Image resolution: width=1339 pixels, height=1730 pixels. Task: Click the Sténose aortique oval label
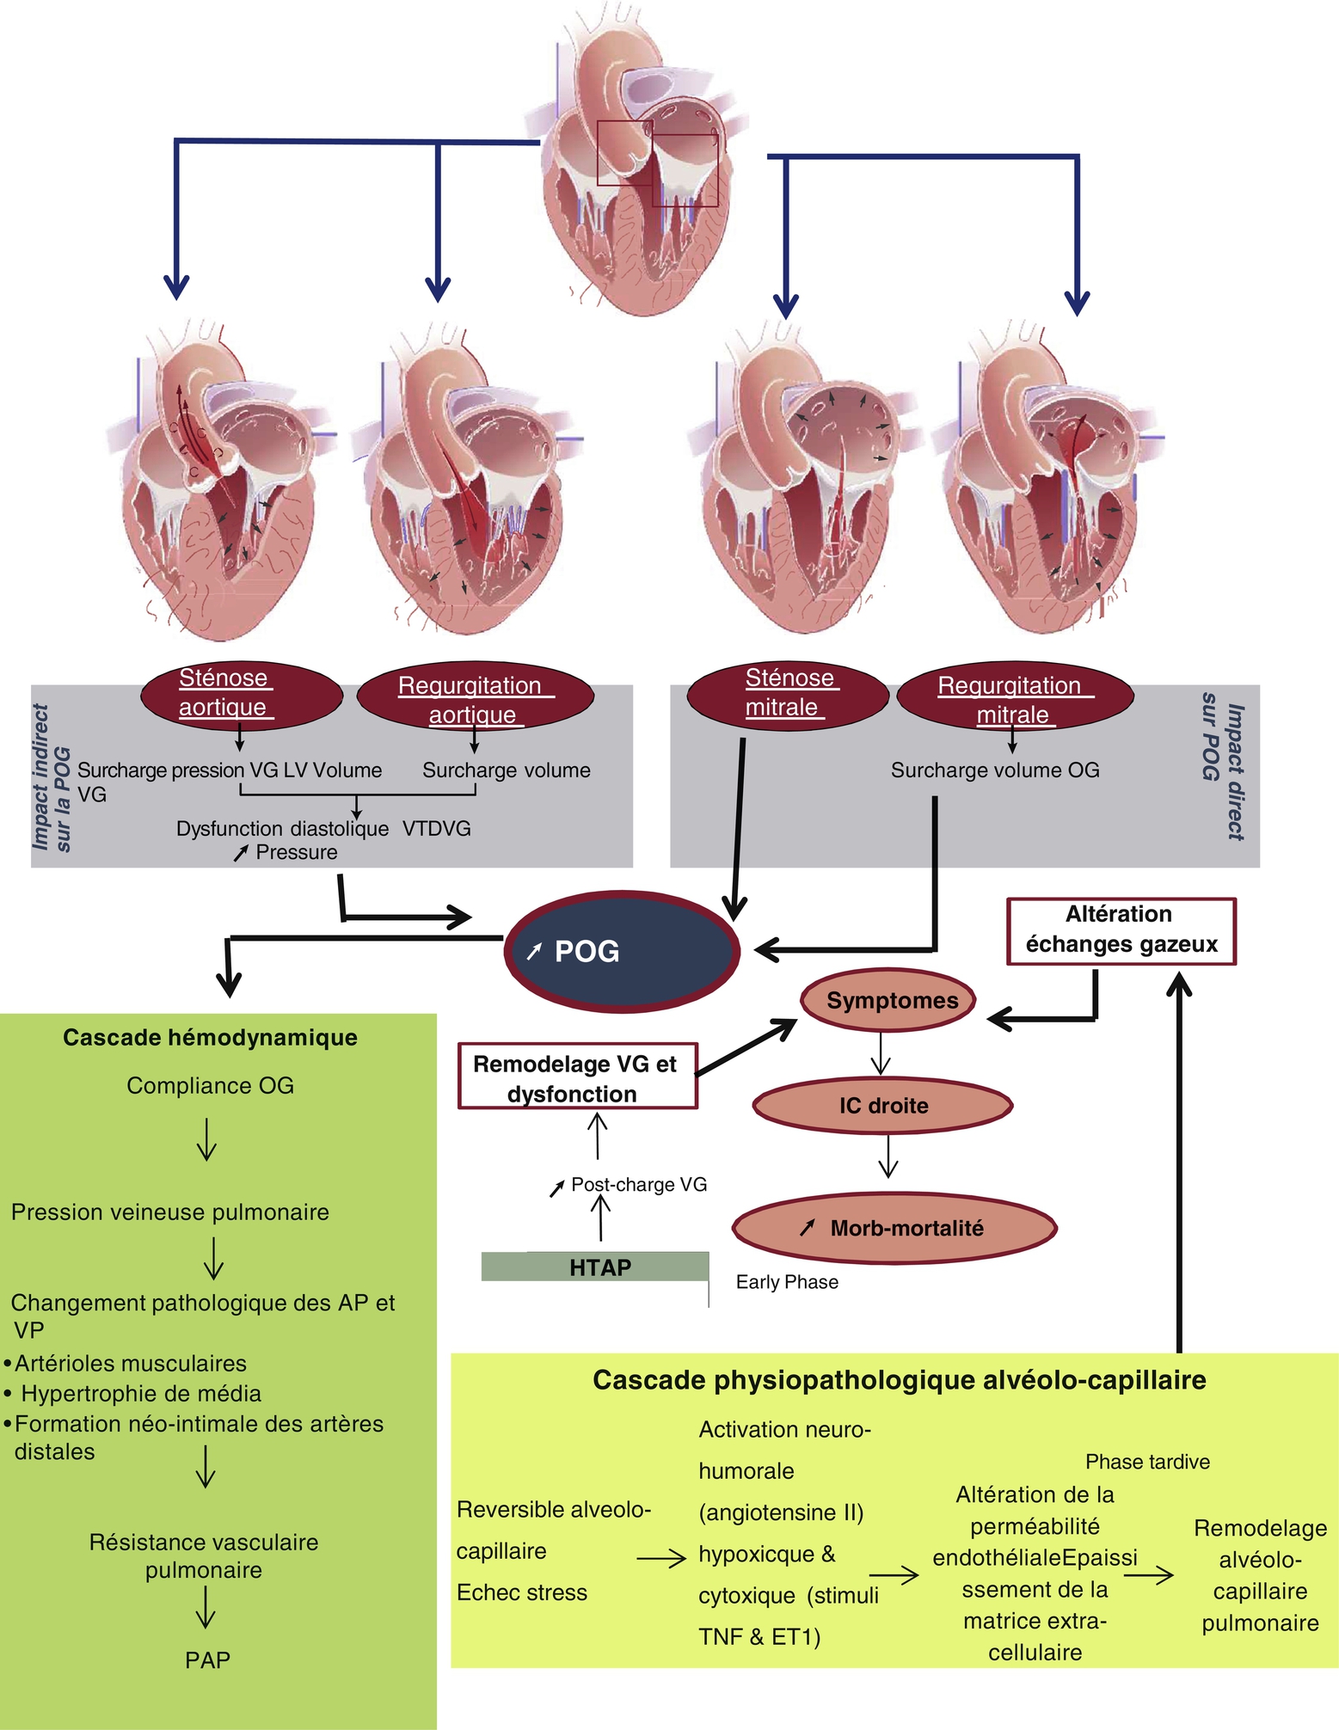pos(241,695)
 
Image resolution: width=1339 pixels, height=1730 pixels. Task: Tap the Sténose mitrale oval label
pos(787,695)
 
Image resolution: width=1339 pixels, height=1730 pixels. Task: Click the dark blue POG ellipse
pos(621,951)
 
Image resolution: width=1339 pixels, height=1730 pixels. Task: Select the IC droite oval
pos(882,1106)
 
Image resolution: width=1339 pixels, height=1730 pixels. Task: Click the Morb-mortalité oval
pos(894,1228)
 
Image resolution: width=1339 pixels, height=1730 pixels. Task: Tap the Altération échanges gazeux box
pos(1121,930)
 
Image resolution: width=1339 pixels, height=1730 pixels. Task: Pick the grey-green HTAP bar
pos(595,1267)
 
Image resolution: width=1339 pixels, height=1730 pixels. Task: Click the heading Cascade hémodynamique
pos(210,1038)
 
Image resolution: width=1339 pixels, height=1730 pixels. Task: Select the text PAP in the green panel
pos(207,1660)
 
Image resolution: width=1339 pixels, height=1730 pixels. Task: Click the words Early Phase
pos(787,1282)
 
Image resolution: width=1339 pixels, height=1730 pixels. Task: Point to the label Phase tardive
pos(1147,1462)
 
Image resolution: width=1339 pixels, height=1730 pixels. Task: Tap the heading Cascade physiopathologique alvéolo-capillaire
pos(899,1380)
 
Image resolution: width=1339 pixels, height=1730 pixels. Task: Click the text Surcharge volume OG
pos(995,770)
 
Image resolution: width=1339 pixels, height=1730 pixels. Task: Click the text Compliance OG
pos(210,1086)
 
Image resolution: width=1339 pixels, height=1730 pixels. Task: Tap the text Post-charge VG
pos(638,1185)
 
